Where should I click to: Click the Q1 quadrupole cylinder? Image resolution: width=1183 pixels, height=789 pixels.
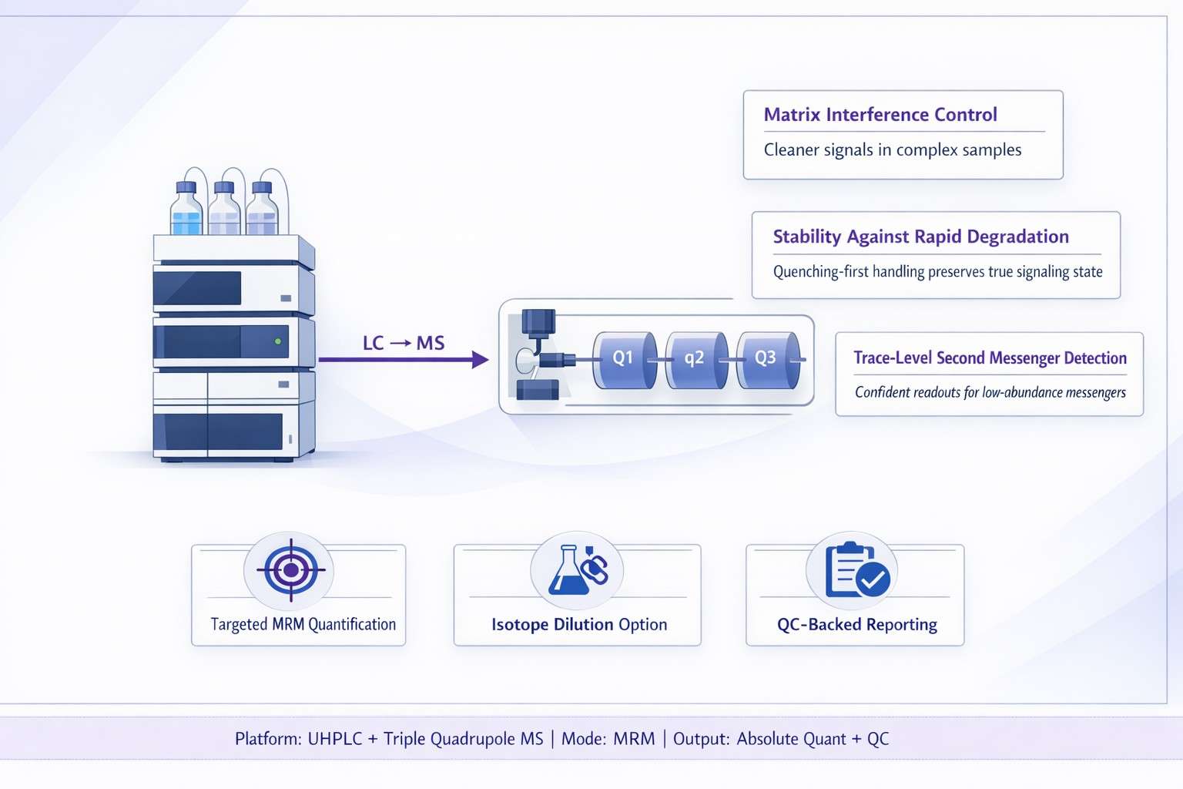(x=624, y=359)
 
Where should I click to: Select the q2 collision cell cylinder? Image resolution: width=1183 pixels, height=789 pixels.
(x=695, y=359)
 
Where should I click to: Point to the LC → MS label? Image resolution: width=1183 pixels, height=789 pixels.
(x=404, y=343)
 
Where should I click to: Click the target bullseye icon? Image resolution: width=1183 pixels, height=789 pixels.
(x=290, y=570)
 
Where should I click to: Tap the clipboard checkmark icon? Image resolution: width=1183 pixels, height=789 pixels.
(x=856, y=571)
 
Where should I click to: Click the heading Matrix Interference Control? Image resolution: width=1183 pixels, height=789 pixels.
(x=880, y=115)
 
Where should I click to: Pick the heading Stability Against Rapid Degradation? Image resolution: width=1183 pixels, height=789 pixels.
(x=920, y=237)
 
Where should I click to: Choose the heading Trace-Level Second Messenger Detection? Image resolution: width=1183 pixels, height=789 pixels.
(x=990, y=358)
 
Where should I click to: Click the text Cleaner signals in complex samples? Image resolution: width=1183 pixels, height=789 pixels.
(x=892, y=150)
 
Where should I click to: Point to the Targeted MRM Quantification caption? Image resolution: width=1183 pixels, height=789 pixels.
(x=303, y=624)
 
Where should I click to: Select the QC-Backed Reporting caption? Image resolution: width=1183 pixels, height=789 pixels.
(x=856, y=624)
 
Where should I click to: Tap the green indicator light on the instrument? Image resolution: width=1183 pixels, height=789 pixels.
(x=278, y=341)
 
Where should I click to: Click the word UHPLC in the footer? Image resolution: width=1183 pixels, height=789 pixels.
(x=335, y=739)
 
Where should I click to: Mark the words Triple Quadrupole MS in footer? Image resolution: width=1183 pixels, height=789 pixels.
(x=463, y=739)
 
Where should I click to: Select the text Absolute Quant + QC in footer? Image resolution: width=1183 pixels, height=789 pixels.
(x=813, y=739)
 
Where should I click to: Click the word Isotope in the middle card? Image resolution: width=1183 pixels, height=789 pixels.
(x=520, y=624)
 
